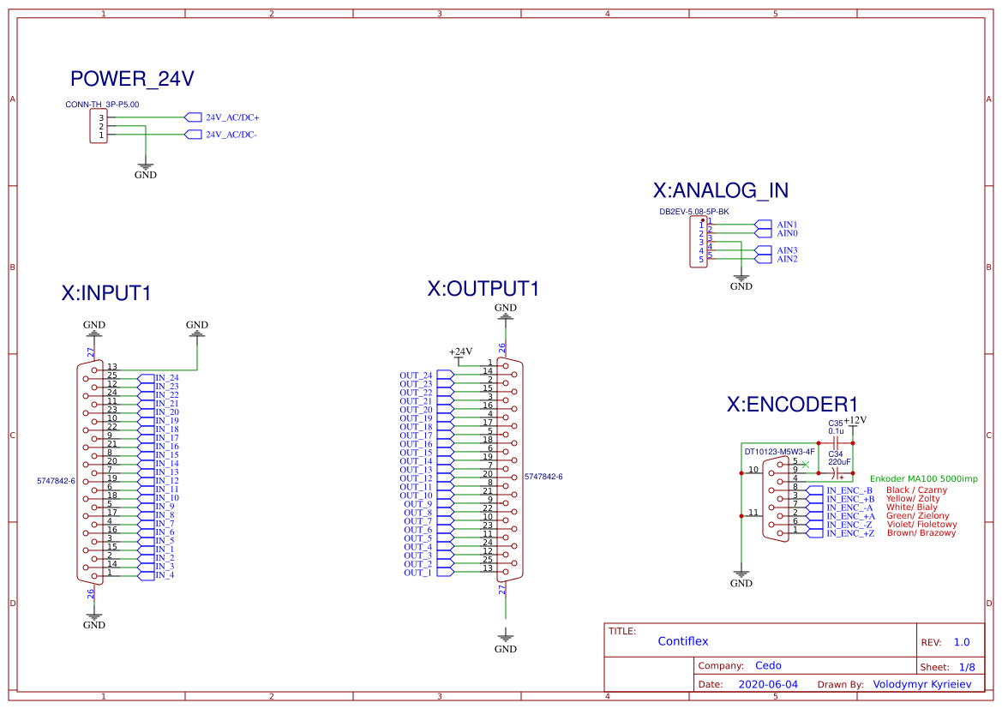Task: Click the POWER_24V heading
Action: (132, 80)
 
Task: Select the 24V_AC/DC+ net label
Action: (231, 117)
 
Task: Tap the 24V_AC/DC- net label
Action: (231, 135)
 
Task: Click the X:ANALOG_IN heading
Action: (720, 190)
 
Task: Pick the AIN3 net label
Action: (787, 250)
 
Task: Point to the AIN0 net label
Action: (787, 232)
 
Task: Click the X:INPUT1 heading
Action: (106, 293)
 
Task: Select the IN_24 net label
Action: (166, 378)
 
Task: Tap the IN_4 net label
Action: (165, 574)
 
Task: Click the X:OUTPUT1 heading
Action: (483, 289)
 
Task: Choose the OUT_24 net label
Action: (417, 376)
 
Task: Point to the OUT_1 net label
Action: (417, 573)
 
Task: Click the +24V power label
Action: (461, 351)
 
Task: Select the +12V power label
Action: (855, 420)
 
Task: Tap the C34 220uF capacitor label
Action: (837, 457)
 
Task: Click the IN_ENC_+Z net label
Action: (850, 533)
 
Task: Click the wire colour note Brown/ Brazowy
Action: (921, 533)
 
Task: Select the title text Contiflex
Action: (683, 641)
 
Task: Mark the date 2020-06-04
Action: (768, 685)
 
